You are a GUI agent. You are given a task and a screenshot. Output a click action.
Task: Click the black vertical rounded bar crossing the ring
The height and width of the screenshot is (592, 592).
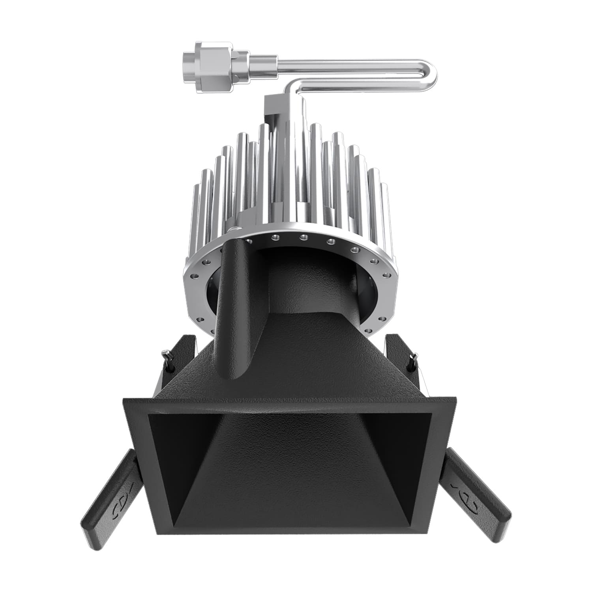235,308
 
